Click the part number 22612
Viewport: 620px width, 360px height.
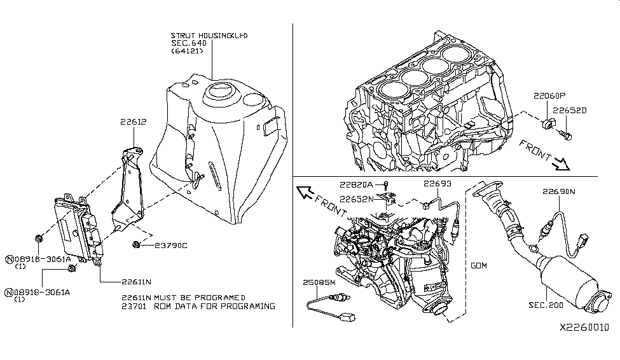pos(134,122)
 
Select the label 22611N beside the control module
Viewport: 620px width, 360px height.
pos(137,282)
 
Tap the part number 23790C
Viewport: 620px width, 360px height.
pos(171,246)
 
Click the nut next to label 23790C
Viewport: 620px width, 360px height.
pos(136,245)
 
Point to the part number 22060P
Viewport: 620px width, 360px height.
pos(549,96)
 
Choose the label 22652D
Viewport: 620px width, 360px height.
pos(570,111)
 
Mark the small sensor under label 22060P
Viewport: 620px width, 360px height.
pos(548,124)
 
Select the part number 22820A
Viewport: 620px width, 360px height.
pos(356,184)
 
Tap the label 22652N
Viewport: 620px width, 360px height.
pos(357,199)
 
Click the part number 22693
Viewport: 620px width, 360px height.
pos(437,184)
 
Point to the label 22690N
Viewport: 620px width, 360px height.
pos(559,191)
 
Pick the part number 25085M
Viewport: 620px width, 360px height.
pos(319,282)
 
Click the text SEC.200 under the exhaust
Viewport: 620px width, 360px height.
pos(546,305)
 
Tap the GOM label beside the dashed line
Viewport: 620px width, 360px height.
pos(479,265)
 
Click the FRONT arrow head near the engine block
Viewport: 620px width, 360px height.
pos(562,164)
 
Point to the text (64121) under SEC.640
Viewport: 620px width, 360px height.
pos(187,51)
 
